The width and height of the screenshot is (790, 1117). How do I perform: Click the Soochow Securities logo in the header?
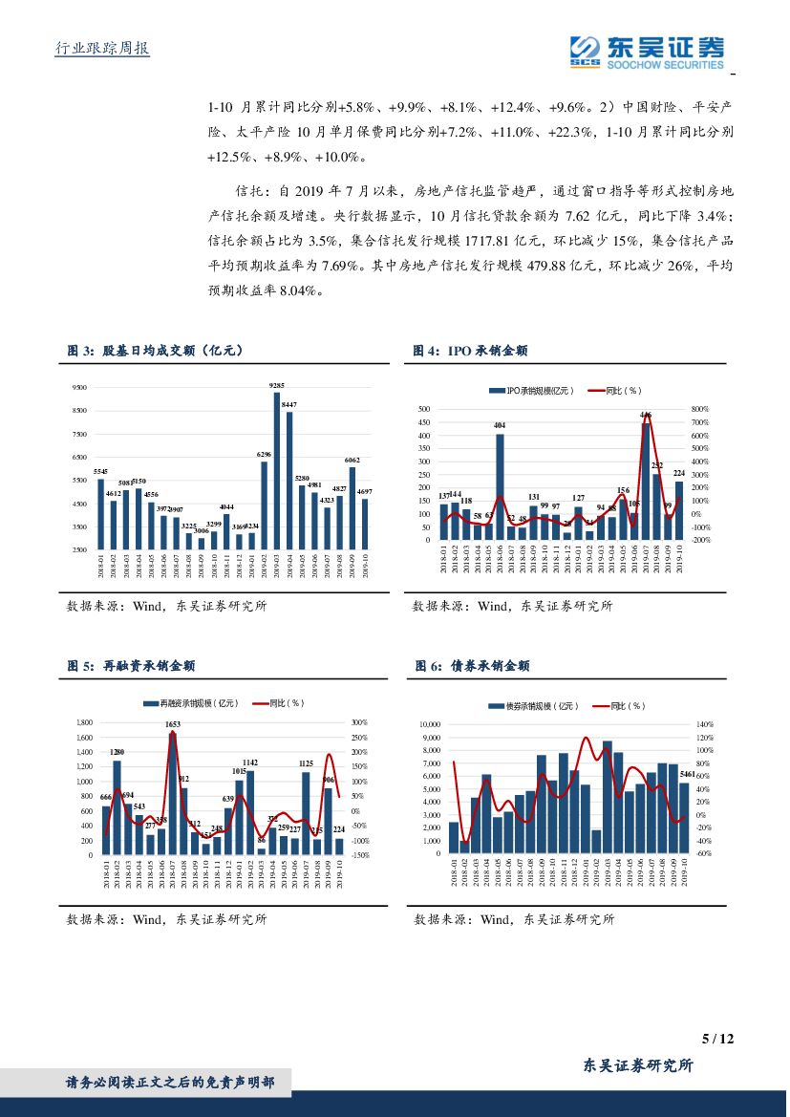click(x=646, y=50)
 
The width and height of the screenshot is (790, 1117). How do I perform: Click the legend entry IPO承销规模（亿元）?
click(x=531, y=391)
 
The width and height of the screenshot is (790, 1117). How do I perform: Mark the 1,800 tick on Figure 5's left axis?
click(x=83, y=723)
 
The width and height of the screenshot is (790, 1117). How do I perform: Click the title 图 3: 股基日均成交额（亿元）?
click(x=155, y=352)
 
